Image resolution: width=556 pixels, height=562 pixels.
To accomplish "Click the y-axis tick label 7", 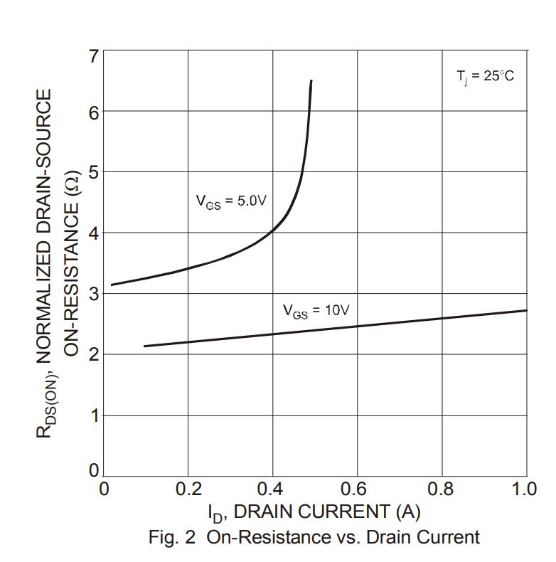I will click(93, 56).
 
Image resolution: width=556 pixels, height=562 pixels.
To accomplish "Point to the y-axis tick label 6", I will click(93, 112).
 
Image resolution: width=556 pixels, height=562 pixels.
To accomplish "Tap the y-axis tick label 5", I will click(93, 173).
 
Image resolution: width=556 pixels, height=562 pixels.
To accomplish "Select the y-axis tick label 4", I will click(93, 233).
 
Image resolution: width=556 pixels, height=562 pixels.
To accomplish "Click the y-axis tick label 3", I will click(93, 294).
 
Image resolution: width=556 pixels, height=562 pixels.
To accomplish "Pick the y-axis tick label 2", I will click(93, 354).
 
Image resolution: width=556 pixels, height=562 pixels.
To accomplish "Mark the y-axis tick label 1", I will click(93, 415).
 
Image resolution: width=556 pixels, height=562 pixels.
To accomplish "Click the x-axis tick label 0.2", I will click(188, 489).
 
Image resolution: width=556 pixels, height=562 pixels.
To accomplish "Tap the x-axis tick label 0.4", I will click(271, 489).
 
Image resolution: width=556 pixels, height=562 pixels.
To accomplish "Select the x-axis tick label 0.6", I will click(354, 489).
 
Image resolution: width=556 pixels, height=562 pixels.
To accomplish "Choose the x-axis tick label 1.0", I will click(525, 489).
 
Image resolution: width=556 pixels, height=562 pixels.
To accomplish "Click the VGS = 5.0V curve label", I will click(231, 201).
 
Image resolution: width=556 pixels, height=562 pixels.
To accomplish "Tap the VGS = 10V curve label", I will click(316, 311).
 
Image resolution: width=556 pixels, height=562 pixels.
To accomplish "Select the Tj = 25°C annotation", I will click(484, 76).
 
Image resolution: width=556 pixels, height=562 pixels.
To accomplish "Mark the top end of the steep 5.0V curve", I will click(311, 81).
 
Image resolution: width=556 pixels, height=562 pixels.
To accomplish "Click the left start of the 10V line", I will click(144, 346).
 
